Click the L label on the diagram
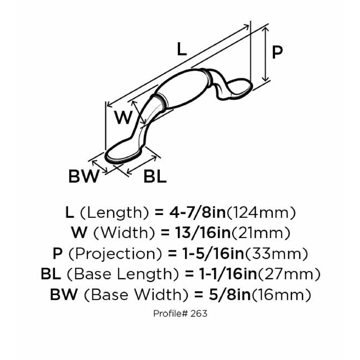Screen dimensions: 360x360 coord(182,49)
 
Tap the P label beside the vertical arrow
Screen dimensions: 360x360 coord(277,52)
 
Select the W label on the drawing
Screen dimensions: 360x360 coord(123,117)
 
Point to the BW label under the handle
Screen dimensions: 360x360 coord(84,176)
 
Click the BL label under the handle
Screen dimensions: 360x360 coord(155,176)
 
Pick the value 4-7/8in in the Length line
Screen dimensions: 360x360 coord(198,212)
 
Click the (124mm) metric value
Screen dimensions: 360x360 coord(261,213)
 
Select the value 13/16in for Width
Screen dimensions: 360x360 coord(203,233)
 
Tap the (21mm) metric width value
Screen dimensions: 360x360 coord(261,233)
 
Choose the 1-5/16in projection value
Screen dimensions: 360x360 coord(213,253)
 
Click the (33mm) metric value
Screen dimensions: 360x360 coord(276,254)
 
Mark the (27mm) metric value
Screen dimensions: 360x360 coord(289,274)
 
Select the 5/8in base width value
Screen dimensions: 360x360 coord(229,294)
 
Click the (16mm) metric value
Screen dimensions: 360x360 coord(281,295)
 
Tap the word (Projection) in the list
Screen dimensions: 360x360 coord(116,254)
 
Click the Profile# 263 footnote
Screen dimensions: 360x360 coord(180,313)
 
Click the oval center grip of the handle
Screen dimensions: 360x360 coord(183,90)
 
